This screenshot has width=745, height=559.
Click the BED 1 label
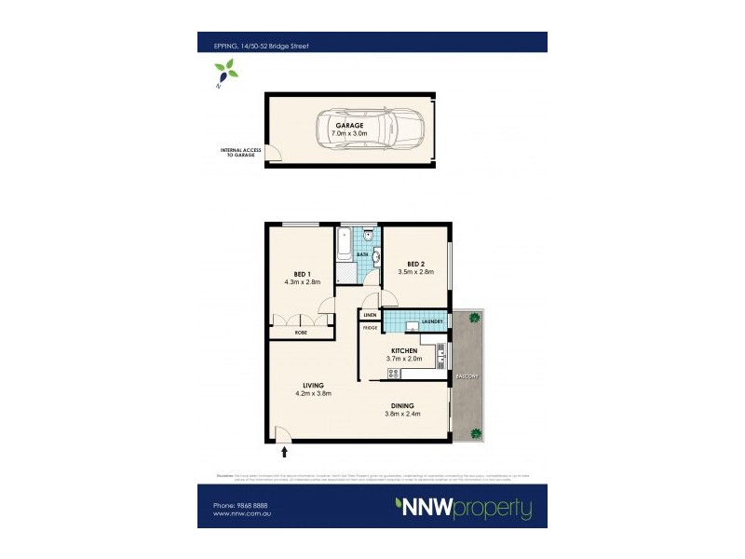[302, 273]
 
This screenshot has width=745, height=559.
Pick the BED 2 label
[416, 264]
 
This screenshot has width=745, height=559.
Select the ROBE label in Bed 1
[302, 333]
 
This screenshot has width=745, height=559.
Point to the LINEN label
[370, 317]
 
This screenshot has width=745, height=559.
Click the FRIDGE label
[370, 328]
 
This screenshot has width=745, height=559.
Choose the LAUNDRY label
[431, 322]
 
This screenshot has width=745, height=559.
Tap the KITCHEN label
[404, 350]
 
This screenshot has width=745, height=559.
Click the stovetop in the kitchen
[393, 374]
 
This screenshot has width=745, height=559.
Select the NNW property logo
[464, 509]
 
